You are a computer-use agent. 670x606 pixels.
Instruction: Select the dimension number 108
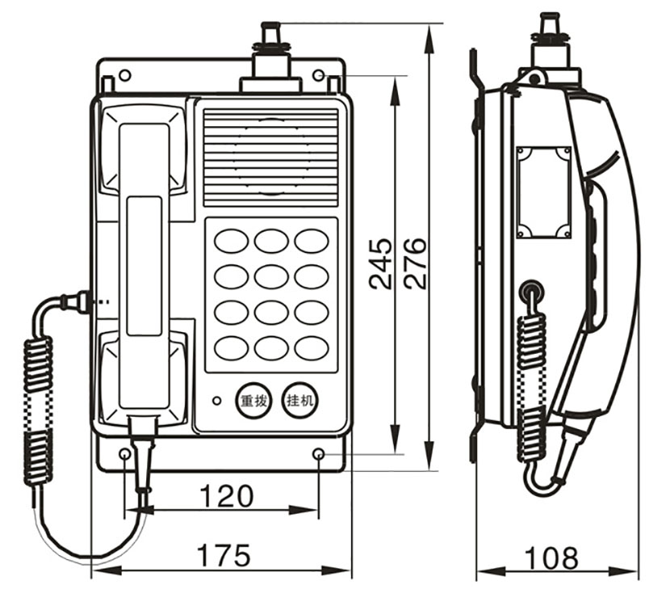click(x=551, y=558)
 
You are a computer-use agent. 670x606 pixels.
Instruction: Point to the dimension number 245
click(x=380, y=263)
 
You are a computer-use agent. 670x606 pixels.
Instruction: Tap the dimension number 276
click(x=415, y=263)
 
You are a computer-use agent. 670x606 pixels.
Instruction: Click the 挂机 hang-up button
click(x=300, y=399)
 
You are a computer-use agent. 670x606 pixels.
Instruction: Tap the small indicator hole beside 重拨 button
click(x=216, y=400)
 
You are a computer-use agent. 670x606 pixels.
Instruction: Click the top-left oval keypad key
click(x=231, y=241)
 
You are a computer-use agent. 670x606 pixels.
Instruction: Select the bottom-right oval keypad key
click(x=311, y=347)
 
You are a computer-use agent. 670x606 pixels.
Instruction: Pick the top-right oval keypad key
click(x=311, y=241)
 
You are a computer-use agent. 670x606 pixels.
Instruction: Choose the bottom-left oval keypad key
click(x=231, y=347)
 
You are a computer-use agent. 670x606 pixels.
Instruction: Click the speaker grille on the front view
click(x=270, y=158)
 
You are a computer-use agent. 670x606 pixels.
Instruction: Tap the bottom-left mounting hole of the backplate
click(x=125, y=455)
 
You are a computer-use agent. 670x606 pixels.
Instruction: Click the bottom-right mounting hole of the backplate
click(x=319, y=455)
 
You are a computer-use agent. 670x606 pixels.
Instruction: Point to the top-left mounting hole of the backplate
click(x=124, y=76)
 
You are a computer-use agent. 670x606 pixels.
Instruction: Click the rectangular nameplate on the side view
click(x=543, y=192)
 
